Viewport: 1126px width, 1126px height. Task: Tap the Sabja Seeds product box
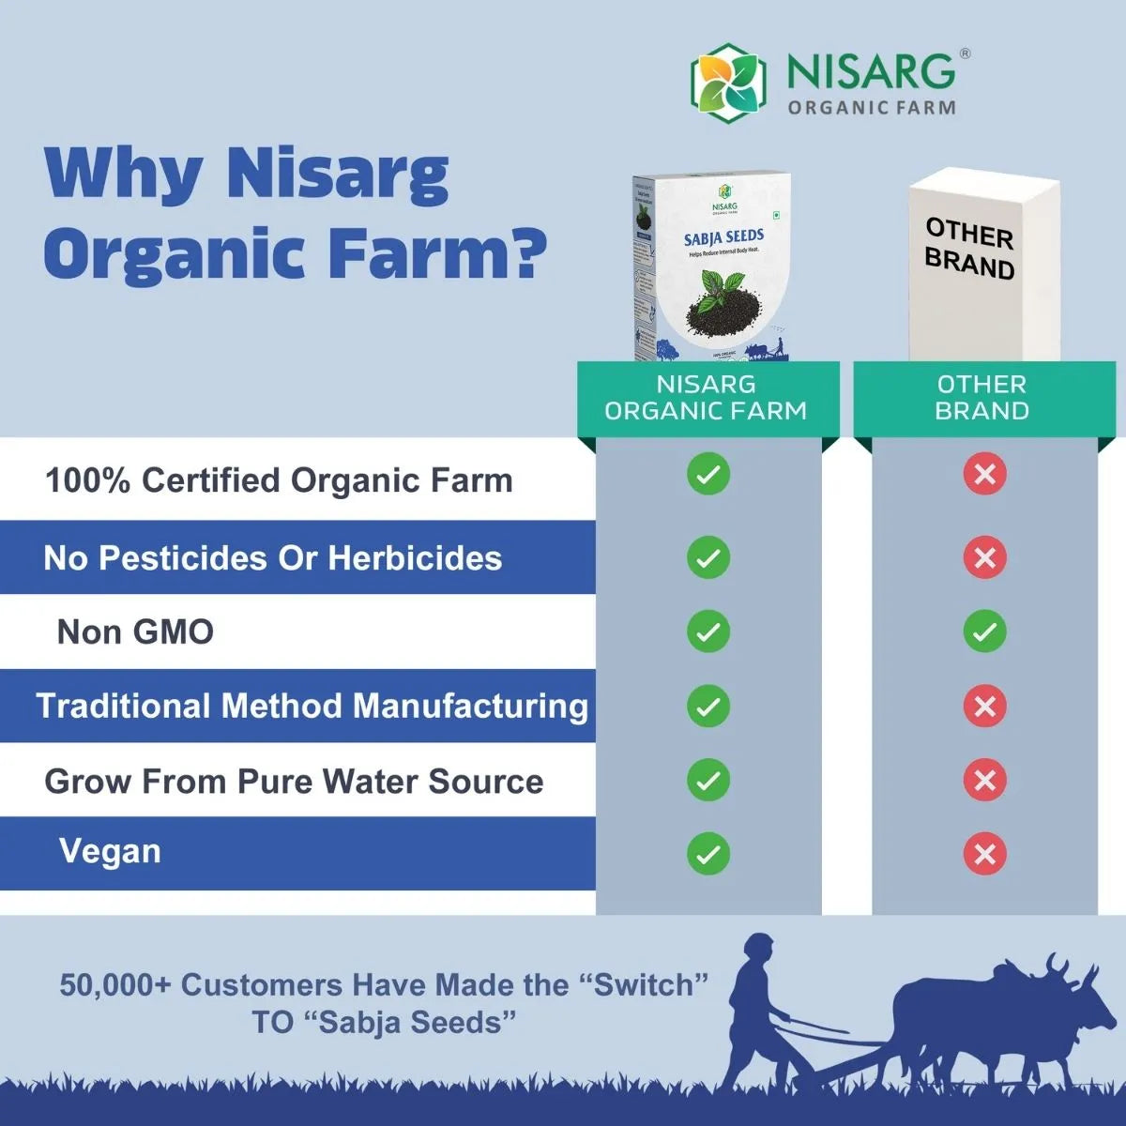click(x=711, y=267)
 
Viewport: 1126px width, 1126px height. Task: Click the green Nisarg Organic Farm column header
click(x=707, y=398)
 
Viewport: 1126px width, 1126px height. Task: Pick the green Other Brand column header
click(x=982, y=398)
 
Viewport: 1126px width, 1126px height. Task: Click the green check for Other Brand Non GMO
click(x=984, y=631)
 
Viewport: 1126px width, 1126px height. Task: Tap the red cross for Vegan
click(x=984, y=854)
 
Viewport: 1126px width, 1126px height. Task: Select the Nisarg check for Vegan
click(x=708, y=854)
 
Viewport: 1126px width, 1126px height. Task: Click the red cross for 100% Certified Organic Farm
click(x=984, y=475)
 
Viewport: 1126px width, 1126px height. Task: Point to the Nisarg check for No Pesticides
click(x=708, y=557)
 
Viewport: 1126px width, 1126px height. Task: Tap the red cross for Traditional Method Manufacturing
click(x=984, y=706)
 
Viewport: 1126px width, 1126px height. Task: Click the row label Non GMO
click(x=135, y=631)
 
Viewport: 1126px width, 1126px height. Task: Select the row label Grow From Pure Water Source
click(x=294, y=782)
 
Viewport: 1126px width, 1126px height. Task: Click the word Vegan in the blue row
click(x=110, y=851)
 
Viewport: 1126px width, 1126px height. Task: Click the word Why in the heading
click(x=122, y=174)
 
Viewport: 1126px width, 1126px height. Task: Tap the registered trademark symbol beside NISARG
click(x=966, y=54)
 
